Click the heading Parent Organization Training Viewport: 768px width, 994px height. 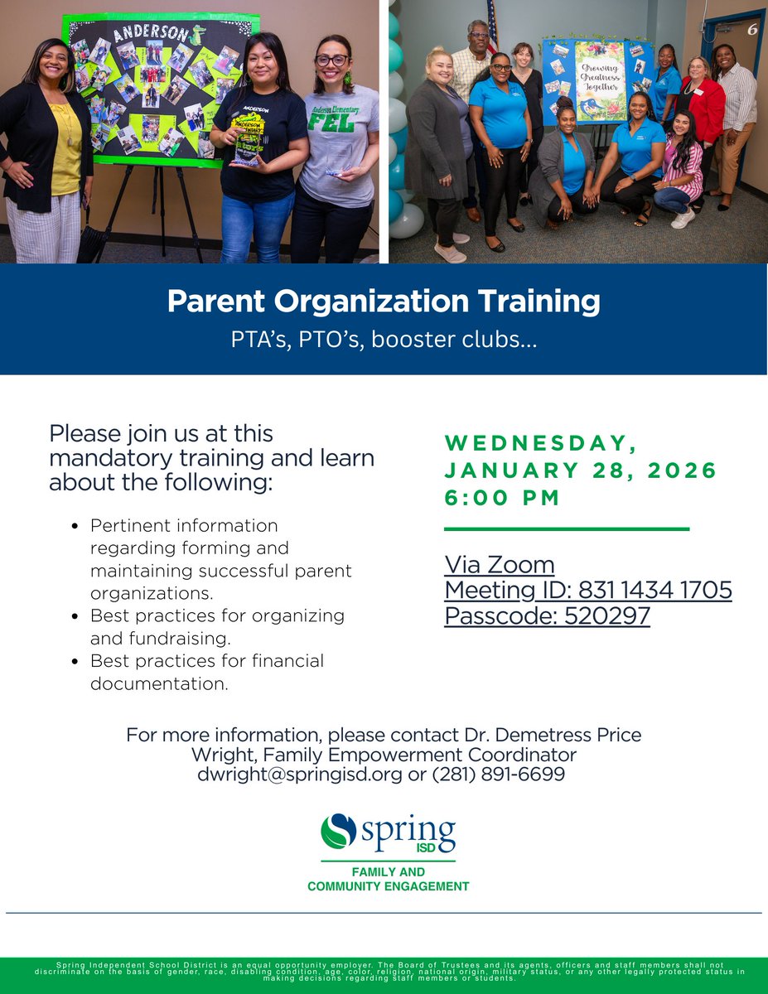pos(384,302)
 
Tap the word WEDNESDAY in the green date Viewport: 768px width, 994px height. pos(540,443)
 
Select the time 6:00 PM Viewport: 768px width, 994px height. pos(502,498)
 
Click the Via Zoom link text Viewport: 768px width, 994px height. pos(499,565)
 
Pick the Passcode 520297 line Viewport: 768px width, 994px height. pos(547,615)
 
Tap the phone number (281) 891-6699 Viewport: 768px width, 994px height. pos(499,774)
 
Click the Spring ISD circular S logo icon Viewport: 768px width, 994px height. pos(338,832)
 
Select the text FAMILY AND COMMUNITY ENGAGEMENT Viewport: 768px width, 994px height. pos(388,879)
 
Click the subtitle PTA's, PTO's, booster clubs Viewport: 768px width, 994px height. pos(384,340)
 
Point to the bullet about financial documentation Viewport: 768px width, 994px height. pos(207,672)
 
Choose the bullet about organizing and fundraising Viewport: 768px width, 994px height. pos(217,627)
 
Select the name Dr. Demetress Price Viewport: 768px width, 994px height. pos(549,735)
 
